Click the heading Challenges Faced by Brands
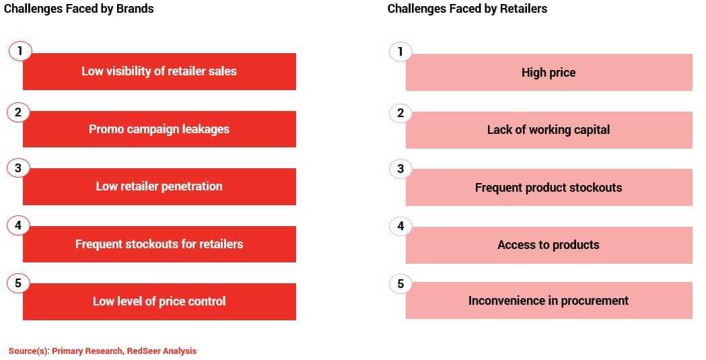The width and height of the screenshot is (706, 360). [79, 9]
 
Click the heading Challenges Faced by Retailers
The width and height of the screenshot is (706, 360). [467, 9]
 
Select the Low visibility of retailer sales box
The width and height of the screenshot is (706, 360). [160, 71]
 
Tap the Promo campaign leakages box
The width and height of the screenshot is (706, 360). [160, 129]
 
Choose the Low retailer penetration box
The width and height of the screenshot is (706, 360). [160, 187]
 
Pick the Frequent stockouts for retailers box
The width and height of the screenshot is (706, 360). [160, 244]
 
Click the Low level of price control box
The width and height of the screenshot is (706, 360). [160, 301]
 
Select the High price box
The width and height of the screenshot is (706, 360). [549, 73]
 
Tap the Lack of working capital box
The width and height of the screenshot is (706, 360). [549, 130]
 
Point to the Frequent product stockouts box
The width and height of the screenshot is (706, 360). [549, 188]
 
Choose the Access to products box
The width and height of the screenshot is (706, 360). [549, 245]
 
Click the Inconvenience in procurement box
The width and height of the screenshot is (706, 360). [549, 301]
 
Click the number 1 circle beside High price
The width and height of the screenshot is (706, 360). [400, 52]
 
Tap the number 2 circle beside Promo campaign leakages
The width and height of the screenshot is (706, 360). [18, 112]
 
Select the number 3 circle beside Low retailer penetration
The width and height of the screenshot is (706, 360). [18, 168]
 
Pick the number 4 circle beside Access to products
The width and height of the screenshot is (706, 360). [400, 226]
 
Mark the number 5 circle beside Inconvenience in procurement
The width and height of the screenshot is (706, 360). [400, 284]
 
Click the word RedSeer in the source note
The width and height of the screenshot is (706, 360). [143, 351]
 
